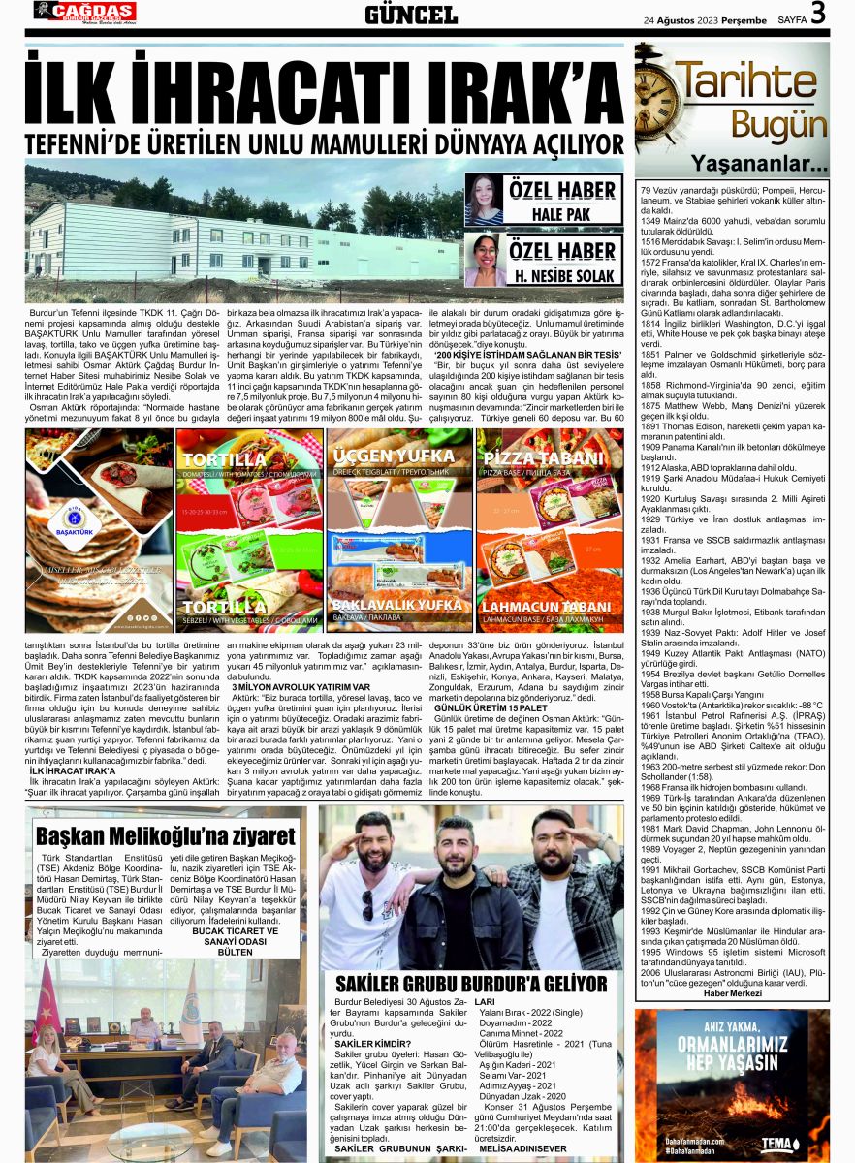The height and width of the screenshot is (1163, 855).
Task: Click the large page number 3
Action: (x=819, y=14)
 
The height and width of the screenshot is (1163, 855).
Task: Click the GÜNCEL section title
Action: (x=411, y=15)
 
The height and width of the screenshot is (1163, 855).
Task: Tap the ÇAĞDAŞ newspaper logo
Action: (x=85, y=12)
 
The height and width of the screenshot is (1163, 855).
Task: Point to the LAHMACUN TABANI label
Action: (x=548, y=607)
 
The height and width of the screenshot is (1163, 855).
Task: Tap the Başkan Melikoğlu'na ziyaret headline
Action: (x=165, y=835)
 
